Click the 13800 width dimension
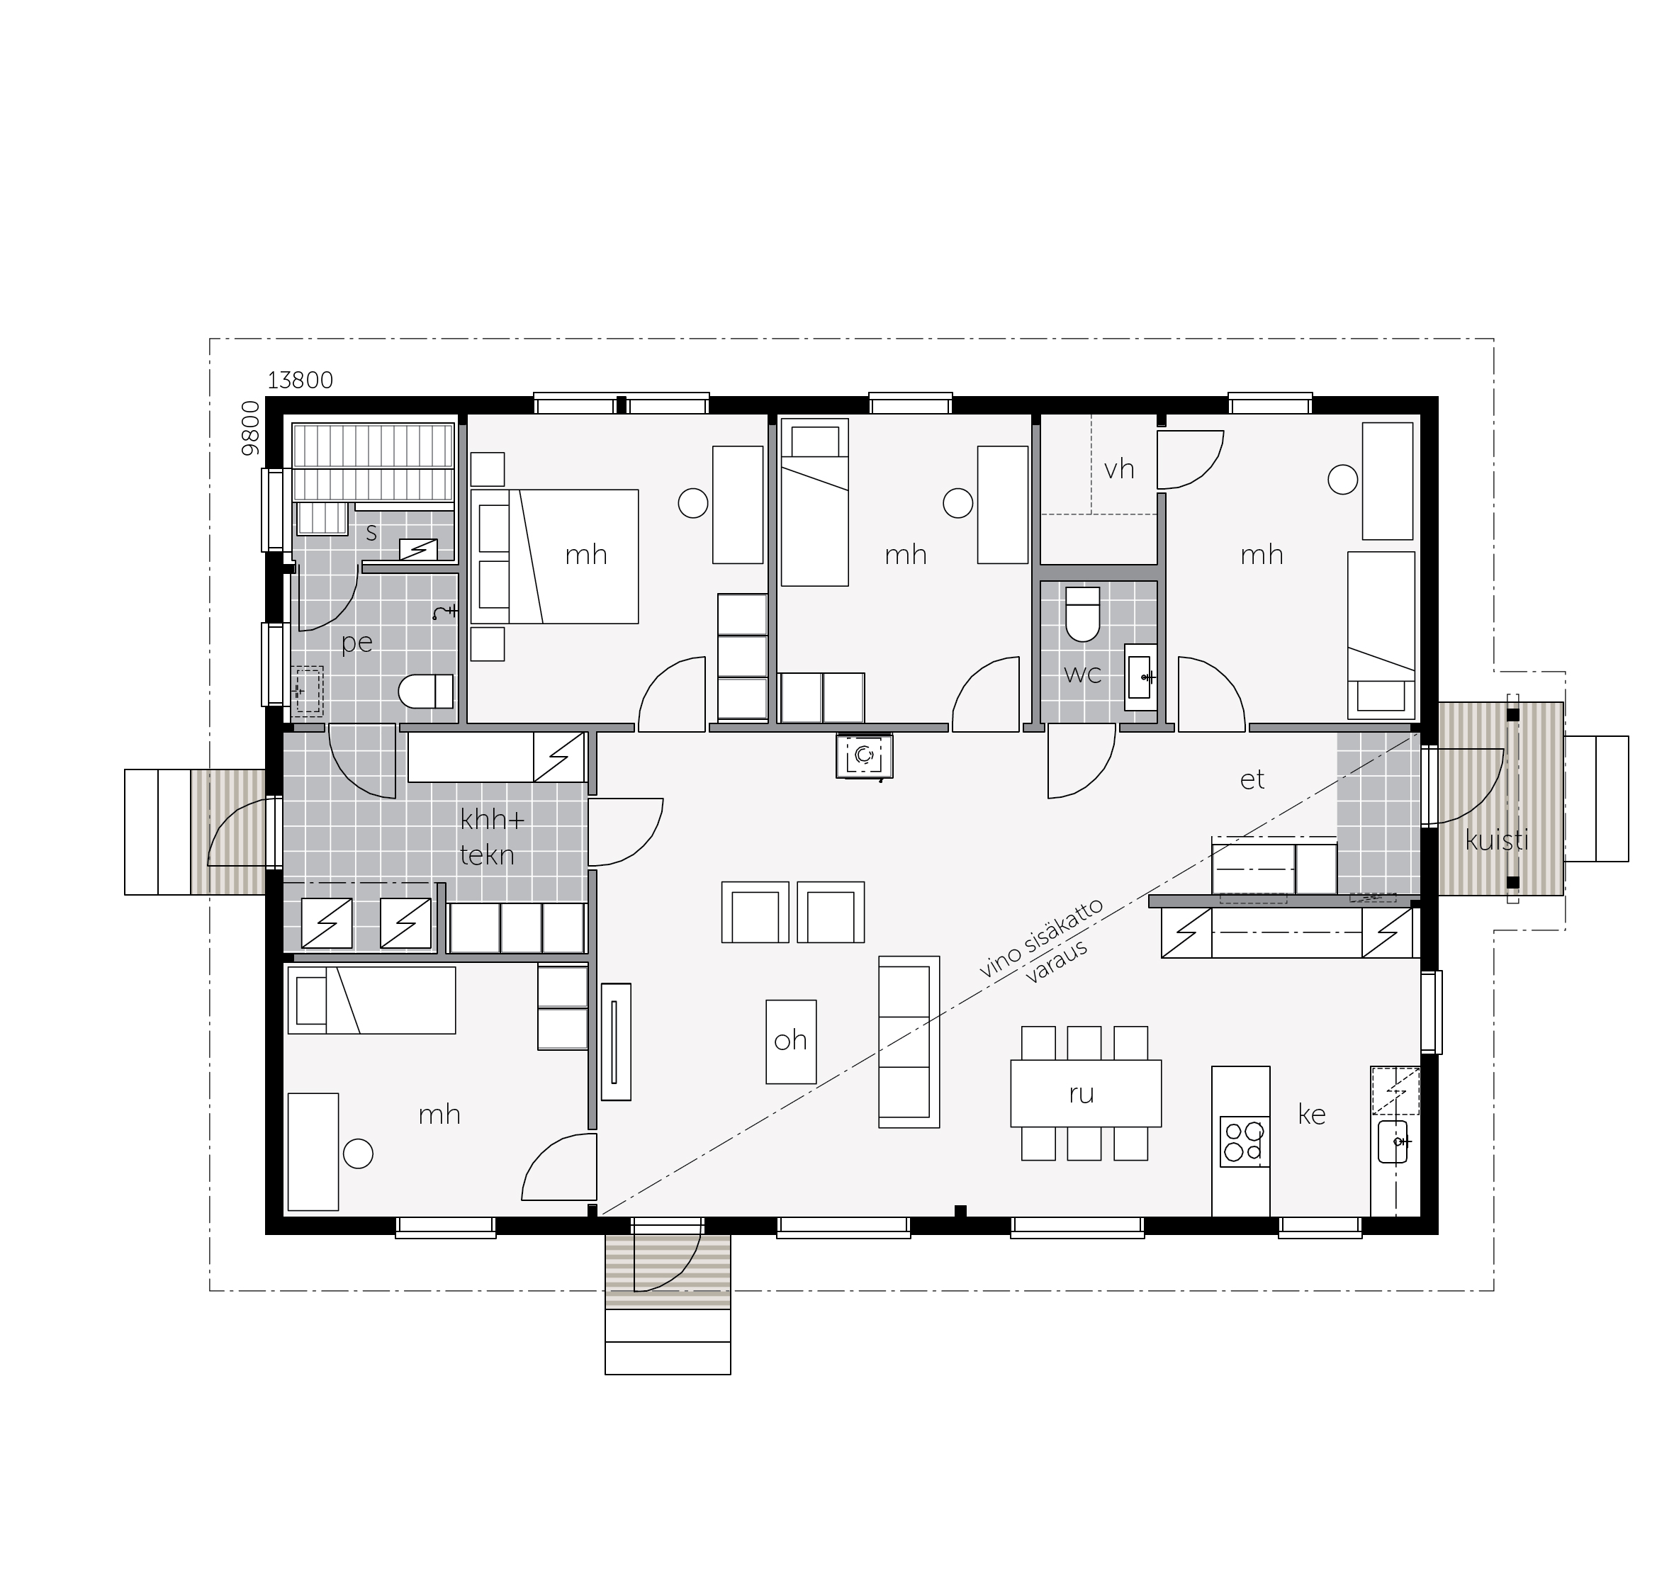pyautogui.click(x=300, y=380)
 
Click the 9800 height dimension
pyautogui.click(x=250, y=429)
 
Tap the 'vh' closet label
pyautogui.click(x=1119, y=468)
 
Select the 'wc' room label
pyautogui.click(x=1082, y=674)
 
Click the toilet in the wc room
pyautogui.click(x=1082, y=614)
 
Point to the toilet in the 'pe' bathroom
pyautogui.click(x=427, y=691)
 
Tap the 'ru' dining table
pyautogui.click(x=1086, y=1093)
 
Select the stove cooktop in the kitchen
pyautogui.click(x=1243, y=1141)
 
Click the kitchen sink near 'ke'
pyautogui.click(x=1393, y=1141)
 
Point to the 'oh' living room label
pyautogui.click(x=790, y=1041)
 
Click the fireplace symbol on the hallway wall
pyautogui.click(x=864, y=755)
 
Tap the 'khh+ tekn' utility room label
pyautogui.click(x=492, y=838)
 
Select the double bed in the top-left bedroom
pyautogui.click(x=554, y=556)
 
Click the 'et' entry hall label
pyautogui.click(x=1252, y=779)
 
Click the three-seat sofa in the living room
pyautogui.click(x=909, y=1042)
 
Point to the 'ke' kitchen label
pyautogui.click(x=1311, y=1115)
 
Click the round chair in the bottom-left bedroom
pyautogui.click(x=358, y=1154)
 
